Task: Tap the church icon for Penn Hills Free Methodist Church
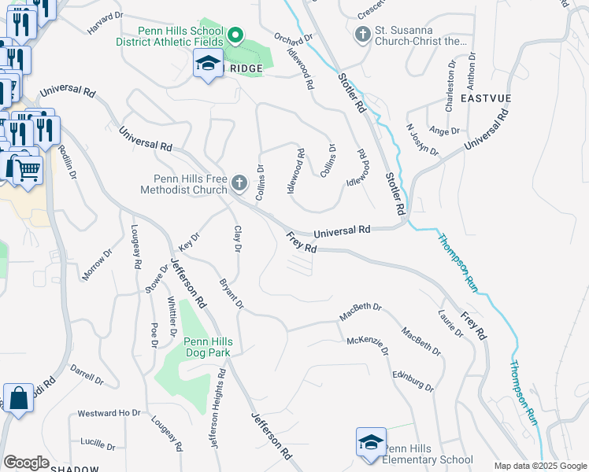239,184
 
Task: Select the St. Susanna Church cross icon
363,35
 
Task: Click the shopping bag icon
18,398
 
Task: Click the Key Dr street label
190,235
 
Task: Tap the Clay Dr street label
236,238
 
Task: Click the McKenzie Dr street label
369,346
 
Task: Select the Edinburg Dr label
413,381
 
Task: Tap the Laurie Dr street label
450,323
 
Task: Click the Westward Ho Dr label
109,413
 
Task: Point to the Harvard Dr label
106,22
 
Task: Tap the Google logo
26,463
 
